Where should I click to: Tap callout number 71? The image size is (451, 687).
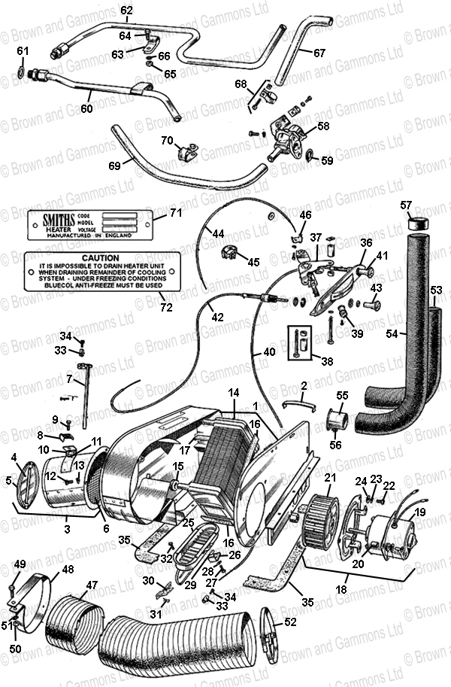point(176,213)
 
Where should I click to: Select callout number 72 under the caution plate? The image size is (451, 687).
point(166,306)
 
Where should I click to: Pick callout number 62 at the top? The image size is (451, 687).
point(126,10)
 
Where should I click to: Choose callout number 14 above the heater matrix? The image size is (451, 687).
point(234,393)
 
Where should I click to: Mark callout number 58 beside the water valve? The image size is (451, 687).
point(322,126)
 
